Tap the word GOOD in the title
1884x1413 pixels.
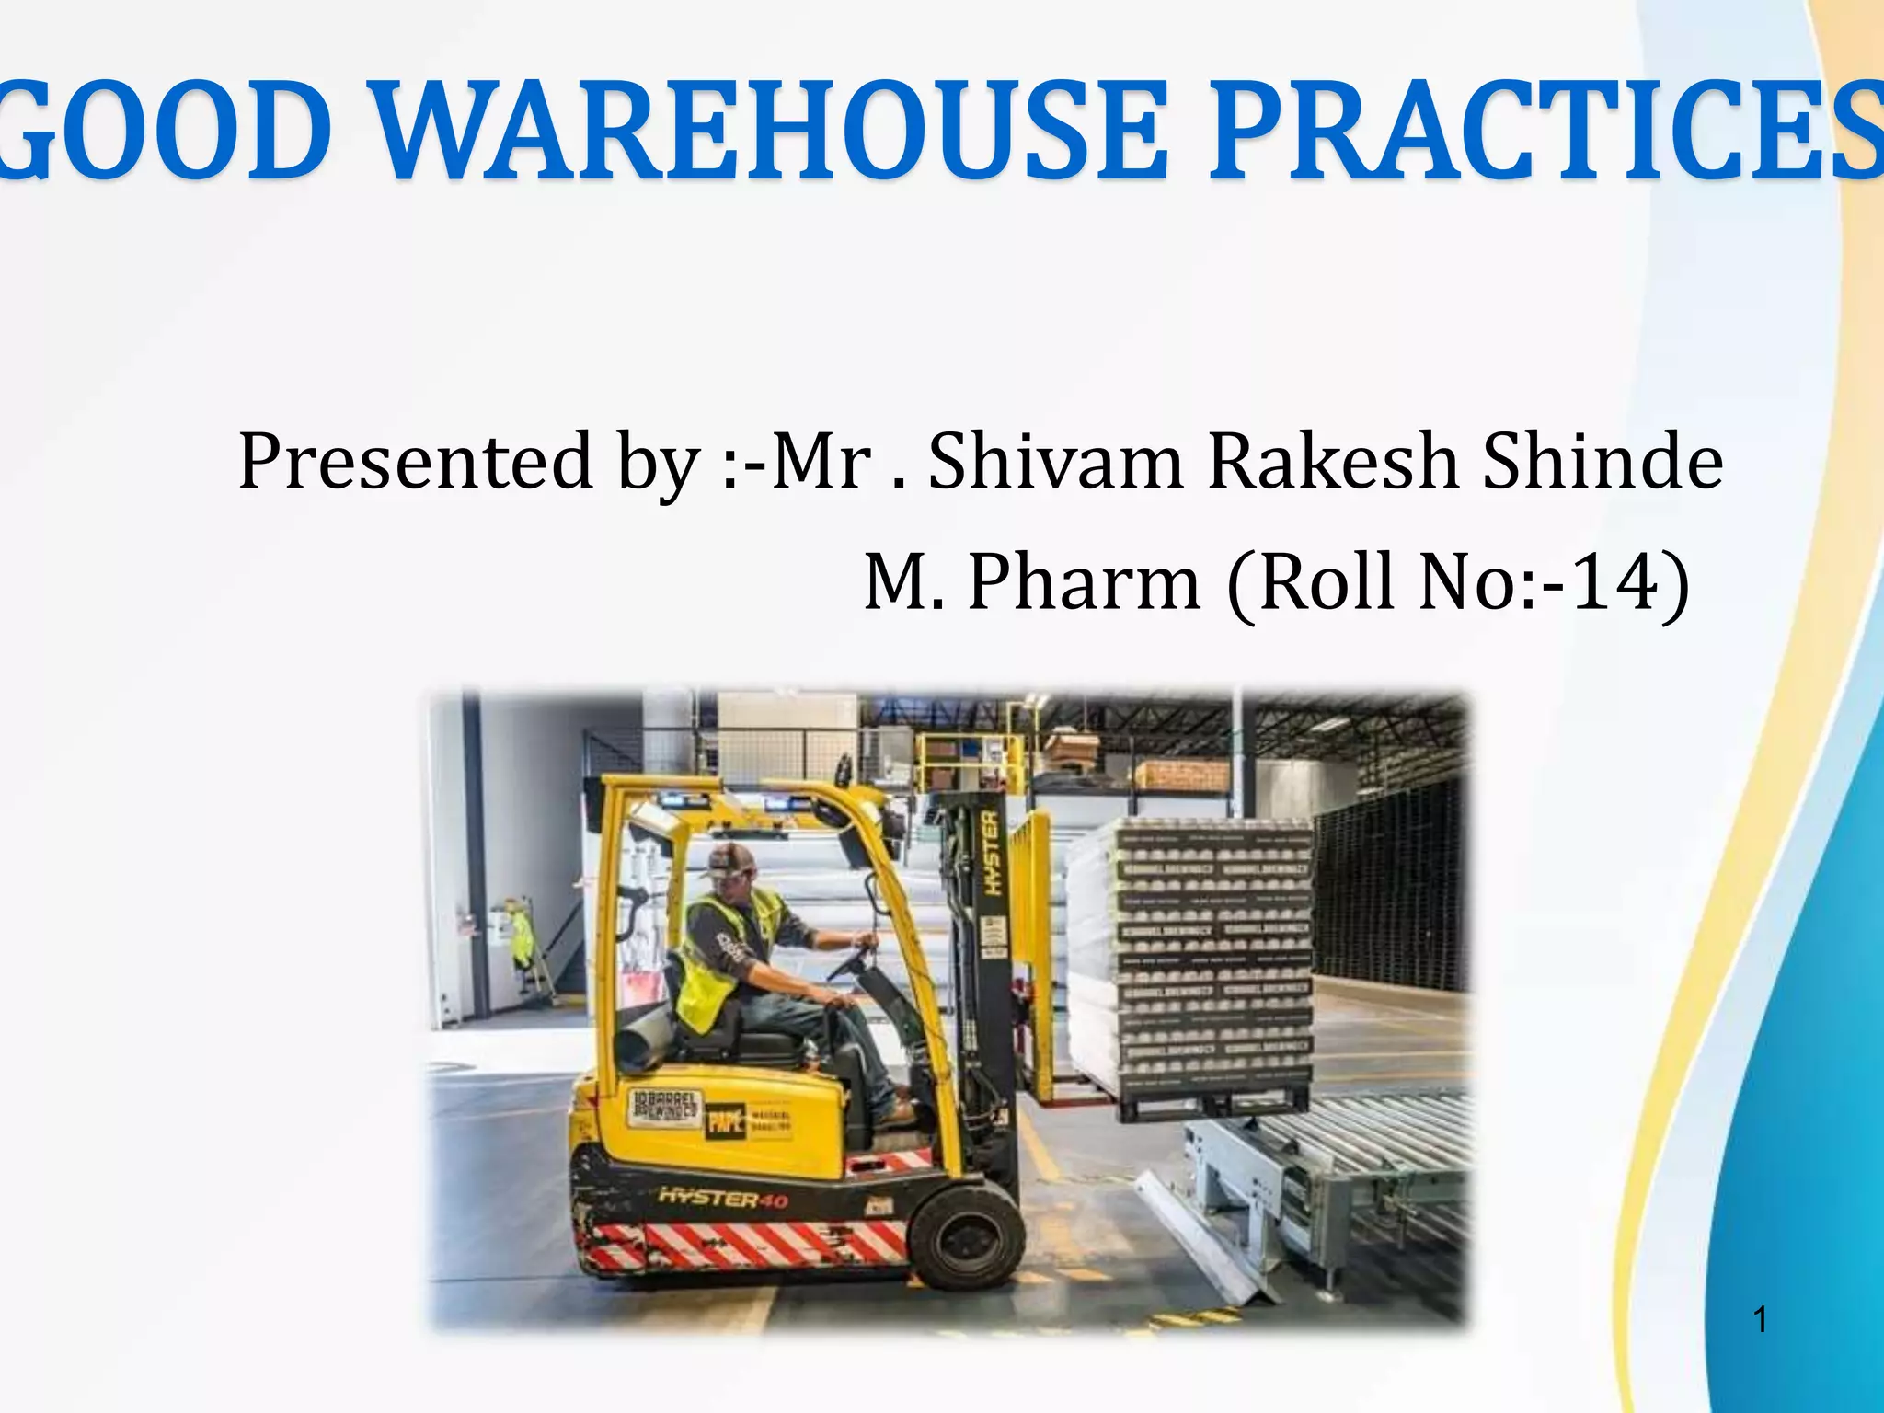166,133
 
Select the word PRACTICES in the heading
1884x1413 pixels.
1545,133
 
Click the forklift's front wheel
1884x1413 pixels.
966,1233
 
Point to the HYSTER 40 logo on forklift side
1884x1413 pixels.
723,1198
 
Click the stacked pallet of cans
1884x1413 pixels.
1214,957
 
